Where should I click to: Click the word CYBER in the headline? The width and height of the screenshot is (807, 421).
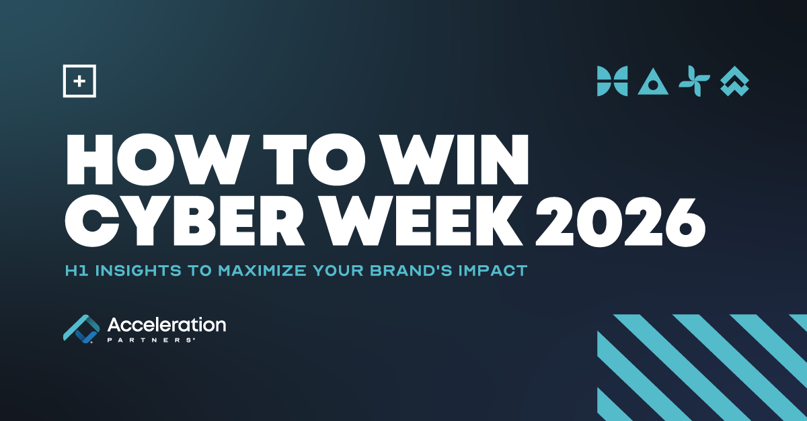[x=185, y=222]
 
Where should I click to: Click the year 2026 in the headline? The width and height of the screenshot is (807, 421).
[x=620, y=222]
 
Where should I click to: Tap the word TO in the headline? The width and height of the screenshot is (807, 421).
[x=313, y=159]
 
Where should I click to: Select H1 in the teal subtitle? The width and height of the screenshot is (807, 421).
[x=77, y=271]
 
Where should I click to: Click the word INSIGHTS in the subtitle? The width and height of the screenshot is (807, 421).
[x=139, y=271]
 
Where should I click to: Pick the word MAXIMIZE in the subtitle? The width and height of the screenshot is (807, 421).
[x=262, y=271]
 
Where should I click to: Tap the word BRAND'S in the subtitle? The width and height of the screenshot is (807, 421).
[x=411, y=271]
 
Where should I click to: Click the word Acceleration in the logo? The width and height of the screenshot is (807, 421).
[x=167, y=325]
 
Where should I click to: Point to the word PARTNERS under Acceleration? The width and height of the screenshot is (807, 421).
[x=150, y=340]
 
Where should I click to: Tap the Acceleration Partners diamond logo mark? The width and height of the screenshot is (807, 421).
[x=82, y=329]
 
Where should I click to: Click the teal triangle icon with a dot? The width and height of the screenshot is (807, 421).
[x=653, y=82]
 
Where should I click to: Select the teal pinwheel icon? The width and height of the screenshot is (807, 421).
[x=694, y=81]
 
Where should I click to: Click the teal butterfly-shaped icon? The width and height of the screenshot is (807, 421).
[x=613, y=81]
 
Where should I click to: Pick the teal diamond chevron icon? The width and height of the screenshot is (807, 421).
[x=734, y=81]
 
